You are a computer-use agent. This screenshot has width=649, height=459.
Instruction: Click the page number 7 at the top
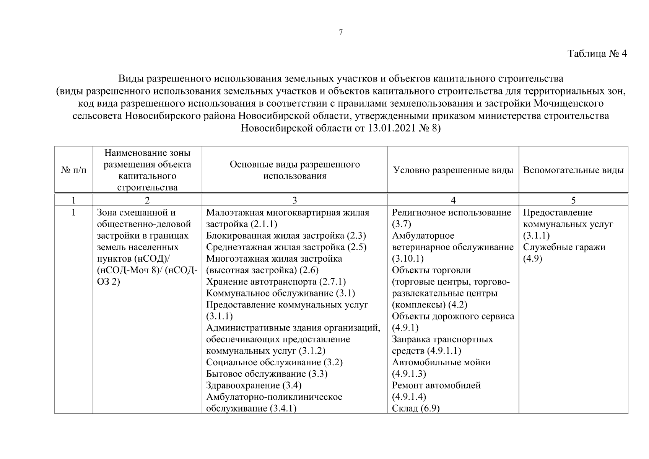[341, 32]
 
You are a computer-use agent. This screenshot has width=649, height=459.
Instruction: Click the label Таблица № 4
[597, 54]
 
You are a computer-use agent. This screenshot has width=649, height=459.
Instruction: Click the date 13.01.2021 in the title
[392, 128]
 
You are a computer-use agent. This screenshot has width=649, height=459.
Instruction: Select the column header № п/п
[74, 170]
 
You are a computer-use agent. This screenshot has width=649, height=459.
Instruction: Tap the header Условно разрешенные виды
[453, 170]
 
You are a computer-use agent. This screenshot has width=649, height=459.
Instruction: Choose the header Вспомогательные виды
[573, 170]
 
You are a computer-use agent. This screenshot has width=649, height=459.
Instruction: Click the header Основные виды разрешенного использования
[294, 170]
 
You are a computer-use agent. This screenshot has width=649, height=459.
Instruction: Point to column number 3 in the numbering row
[294, 200]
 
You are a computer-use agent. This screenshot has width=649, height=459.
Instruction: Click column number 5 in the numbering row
[573, 200]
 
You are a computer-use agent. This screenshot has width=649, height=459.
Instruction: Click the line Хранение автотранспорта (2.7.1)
[276, 282]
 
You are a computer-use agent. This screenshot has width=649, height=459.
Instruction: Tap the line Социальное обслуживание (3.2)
[274, 362]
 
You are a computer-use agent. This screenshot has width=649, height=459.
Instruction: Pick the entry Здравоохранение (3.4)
[254, 385]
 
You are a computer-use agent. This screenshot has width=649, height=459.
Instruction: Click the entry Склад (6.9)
[416, 409]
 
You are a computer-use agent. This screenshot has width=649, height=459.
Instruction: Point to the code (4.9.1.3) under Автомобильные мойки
[409, 374]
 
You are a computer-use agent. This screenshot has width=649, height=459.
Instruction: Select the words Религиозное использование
[451, 213]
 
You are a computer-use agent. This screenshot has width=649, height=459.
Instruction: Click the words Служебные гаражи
[564, 247]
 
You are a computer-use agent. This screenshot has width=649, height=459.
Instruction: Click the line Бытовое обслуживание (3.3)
[267, 374]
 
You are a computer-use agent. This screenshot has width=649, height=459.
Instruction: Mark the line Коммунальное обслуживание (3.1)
[280, 293]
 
